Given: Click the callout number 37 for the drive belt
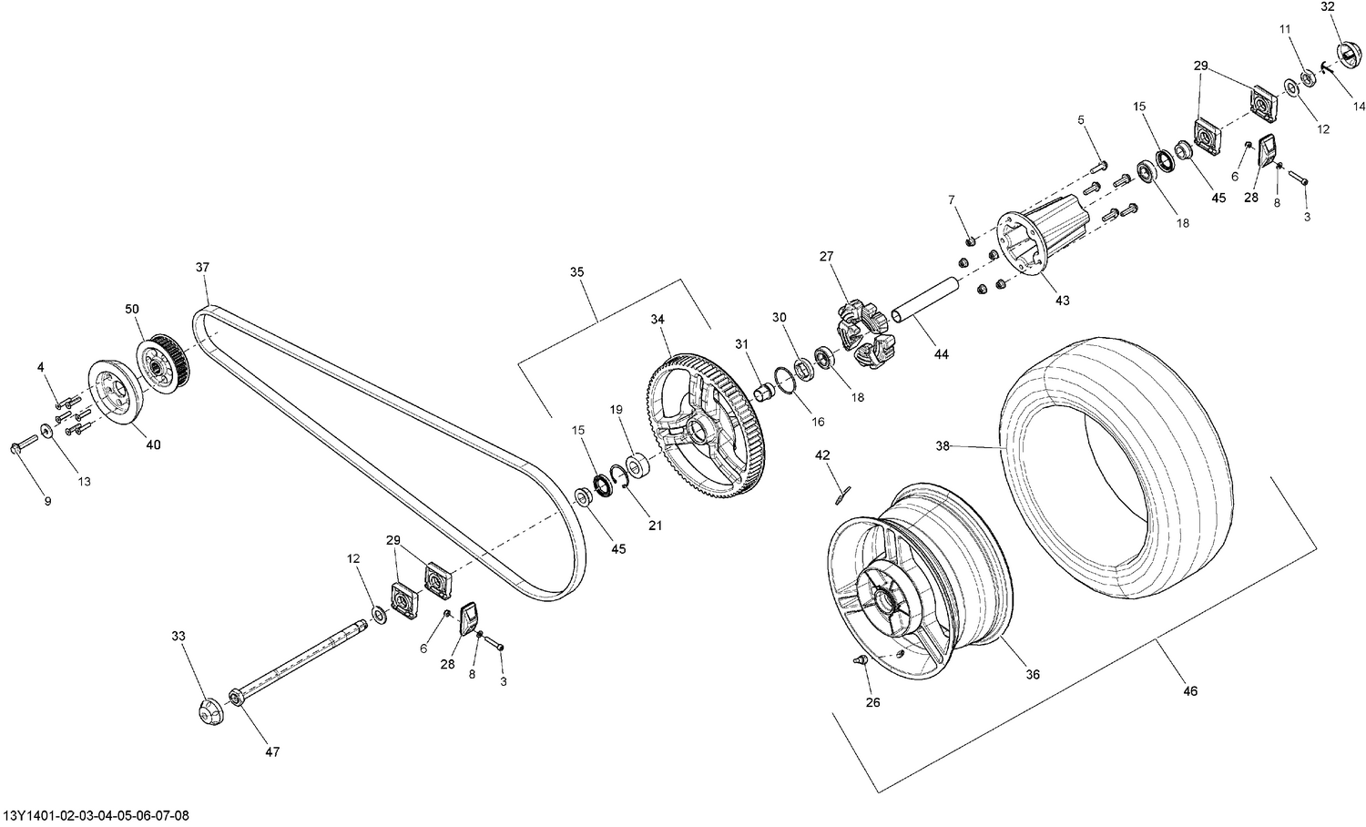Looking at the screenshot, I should click(201, 268).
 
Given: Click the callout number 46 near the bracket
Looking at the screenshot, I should click(1190, 691).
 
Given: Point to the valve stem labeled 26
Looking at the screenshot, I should click(858, 659).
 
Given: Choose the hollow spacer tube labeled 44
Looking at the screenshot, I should click(923, 301).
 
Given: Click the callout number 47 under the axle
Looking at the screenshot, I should click(272, 751).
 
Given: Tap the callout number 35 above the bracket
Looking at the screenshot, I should click(577, 271).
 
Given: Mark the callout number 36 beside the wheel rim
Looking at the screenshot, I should click(1032, 675).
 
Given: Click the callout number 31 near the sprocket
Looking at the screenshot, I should click(741, 344).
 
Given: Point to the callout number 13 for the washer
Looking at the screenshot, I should click(84, 481).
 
